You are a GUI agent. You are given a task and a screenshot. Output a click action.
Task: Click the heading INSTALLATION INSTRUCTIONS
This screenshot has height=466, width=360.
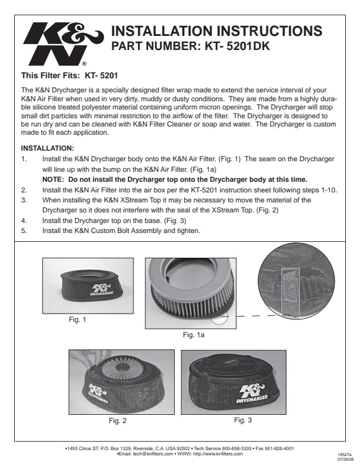point(216,32)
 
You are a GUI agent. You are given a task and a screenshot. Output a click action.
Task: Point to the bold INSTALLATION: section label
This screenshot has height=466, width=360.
point(47,148)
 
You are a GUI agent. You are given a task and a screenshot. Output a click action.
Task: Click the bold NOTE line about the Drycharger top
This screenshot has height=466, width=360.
point(175,178)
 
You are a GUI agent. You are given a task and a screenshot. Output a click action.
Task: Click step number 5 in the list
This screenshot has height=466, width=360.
point(24,231)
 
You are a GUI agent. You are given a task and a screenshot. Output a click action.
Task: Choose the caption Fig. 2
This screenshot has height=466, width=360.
point(118,421)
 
